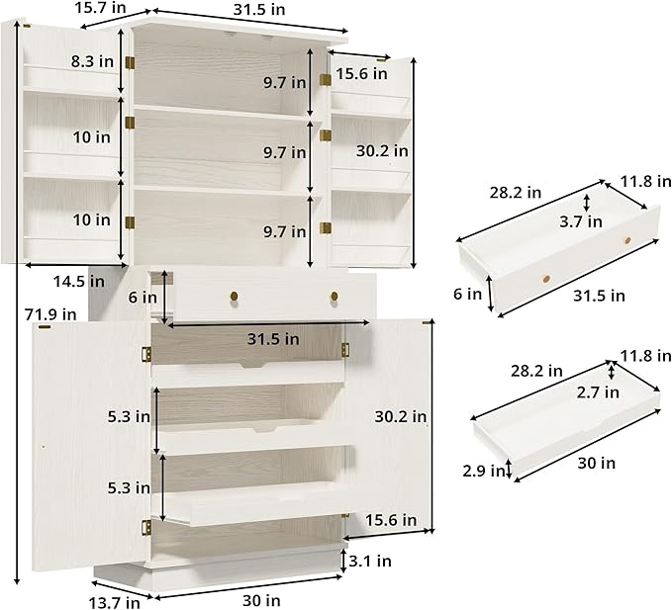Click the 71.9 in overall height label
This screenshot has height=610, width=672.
tap(50, 314)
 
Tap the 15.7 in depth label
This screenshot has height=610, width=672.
tap(100, 7)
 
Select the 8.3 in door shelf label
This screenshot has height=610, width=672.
tap(93, 61)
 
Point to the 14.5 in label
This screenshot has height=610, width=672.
tap(79, 282)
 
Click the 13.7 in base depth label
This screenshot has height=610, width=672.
tap(115, 602)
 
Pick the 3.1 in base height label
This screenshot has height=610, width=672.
tap(370, 561)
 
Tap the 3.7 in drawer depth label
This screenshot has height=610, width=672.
tap(581, 221)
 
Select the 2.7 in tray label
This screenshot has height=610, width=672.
tap(598, 392)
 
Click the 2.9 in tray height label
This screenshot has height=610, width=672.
tap(484, 471)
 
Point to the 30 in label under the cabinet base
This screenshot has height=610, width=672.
tap(261, 600)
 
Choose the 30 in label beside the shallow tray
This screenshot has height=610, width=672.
tap(596, 463)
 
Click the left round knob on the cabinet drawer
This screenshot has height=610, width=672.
tap(234, 296)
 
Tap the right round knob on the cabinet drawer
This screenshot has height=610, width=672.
tap(335, 297)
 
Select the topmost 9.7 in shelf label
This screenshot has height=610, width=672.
tap(285, 83)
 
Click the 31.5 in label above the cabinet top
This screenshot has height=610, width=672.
tap(259, 10)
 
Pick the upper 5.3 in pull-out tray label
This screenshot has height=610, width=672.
tap(129, 416)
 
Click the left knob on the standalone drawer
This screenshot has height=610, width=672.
tap(546, 279)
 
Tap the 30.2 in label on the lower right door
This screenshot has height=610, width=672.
tap(401, 416)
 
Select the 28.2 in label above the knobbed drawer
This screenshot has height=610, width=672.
tap(516, 193)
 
